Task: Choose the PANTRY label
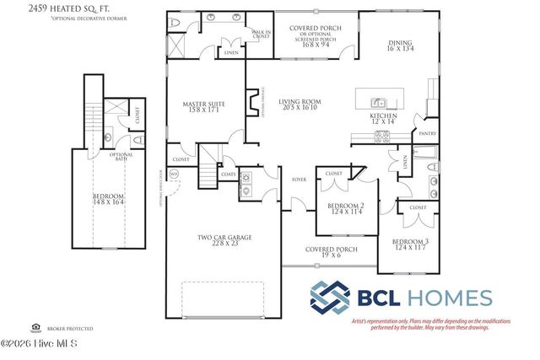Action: point(427,132)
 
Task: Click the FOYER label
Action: point(299,179)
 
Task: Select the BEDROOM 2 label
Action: point(345,209)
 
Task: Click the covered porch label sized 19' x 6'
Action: point(330,252)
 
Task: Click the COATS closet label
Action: point(228,175)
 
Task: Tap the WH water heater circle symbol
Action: point(175,175)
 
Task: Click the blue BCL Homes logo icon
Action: point(329,298)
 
